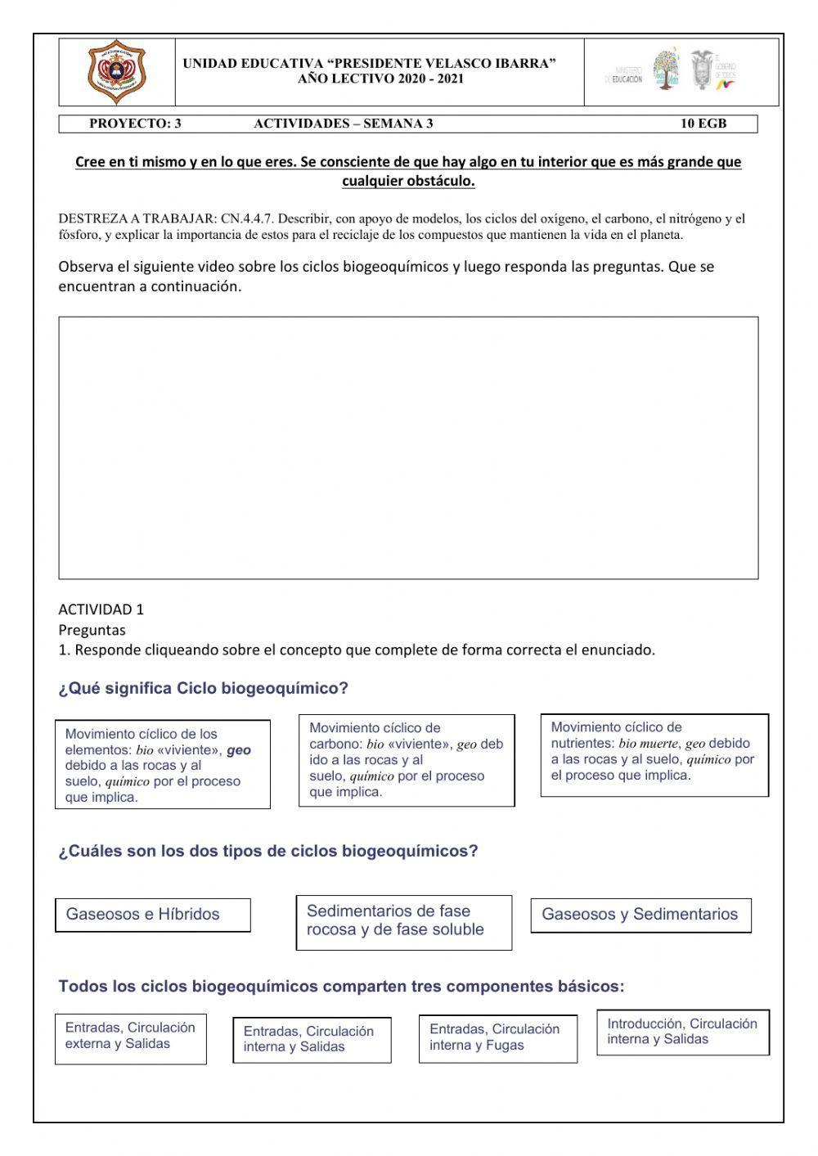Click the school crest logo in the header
coord(116,72)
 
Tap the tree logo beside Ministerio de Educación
coord(666,70)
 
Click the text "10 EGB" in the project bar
coord(703,124)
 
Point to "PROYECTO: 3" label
coord(135,124)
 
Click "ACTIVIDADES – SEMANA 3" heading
coord(343,124)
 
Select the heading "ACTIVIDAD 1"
coord(101,609)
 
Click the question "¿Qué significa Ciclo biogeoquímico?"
coord(203,689)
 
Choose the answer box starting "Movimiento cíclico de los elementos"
coord(162,765)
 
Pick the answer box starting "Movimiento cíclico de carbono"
coord(407,760)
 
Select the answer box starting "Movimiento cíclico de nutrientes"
coord(654,754)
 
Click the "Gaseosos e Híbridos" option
coord(152,915)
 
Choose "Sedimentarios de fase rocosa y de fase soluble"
coord(403,921)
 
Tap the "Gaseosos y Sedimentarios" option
coord(640,915)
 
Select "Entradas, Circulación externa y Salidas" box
coord(131,1039)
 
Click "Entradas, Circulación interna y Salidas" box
coord(312,1040)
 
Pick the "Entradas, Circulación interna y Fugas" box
coord(497,1038)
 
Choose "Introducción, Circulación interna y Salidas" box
coord(682,1032)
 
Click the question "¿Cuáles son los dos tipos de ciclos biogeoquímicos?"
coord(267,852)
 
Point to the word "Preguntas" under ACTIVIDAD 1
coord(92,630)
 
